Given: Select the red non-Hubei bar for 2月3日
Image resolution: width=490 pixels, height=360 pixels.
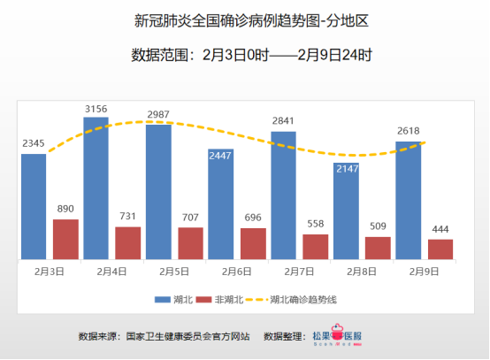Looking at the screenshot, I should tap(65, 239).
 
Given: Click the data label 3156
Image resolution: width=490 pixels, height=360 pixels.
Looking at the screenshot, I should tap(96, 109).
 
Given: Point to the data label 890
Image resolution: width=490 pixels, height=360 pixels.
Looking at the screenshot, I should tap(65, 210).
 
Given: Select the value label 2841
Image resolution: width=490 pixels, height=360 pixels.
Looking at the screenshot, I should tap(284, 120).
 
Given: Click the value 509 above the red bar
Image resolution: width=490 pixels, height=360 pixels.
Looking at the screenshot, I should tap(378, 226).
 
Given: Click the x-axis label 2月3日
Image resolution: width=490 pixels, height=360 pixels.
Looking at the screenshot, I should tap(50, 272).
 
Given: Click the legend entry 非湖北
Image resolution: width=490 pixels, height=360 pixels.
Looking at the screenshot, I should tap(220, 300).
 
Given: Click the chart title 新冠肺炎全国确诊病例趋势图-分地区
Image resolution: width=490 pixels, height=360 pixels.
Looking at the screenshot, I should tap(244, 19).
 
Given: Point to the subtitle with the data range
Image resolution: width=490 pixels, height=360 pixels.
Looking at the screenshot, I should tap(244, 55).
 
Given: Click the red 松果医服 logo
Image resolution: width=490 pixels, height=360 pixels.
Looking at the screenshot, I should tap(335, 337).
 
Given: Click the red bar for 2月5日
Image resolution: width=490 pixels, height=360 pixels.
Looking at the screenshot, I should tap(190, 243).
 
